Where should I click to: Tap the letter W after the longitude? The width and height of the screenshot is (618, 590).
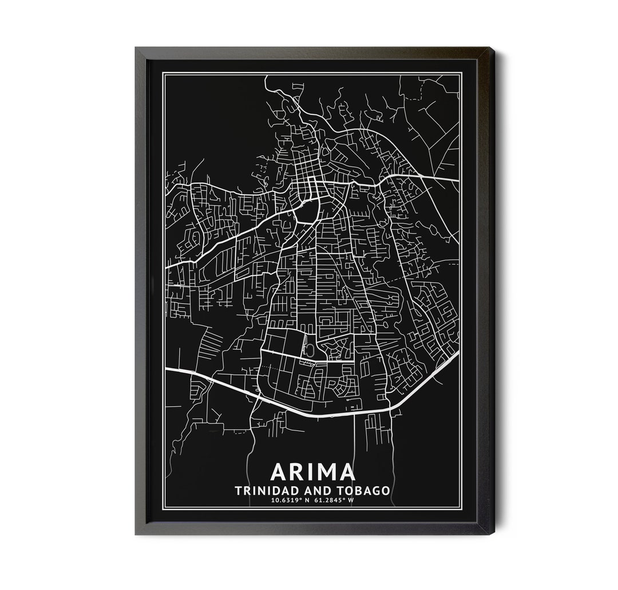coord(351,501)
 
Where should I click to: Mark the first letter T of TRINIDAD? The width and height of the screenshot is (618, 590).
coord(238,490)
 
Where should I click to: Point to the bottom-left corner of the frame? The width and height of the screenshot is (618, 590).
coord(136,533)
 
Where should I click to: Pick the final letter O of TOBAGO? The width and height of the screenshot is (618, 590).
coord(386,490)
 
